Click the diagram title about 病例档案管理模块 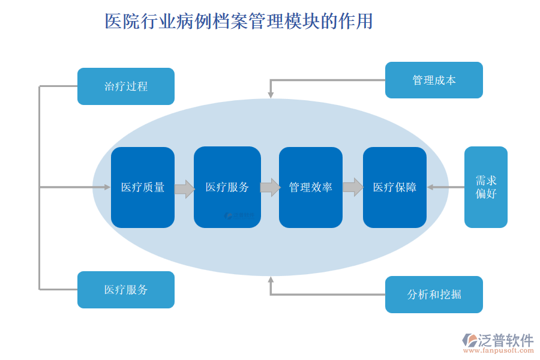[239, 22]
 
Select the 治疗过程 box [126, 86]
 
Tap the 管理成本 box [434, 80]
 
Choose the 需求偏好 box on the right [485, 187]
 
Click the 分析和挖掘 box [434, 295]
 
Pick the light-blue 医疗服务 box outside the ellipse [126, 290]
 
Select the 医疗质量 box [143, 187]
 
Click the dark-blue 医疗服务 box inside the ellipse [227, 187]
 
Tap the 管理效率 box [310, 187]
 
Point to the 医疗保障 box [394, 187]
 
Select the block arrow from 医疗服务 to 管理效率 [270, 187]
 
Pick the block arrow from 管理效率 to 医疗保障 [353, 187]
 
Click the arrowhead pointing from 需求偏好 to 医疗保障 [430, 187]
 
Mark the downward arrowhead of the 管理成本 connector [271, 95]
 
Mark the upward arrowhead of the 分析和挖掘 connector [271, 279]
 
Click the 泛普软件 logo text [505, 340]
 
